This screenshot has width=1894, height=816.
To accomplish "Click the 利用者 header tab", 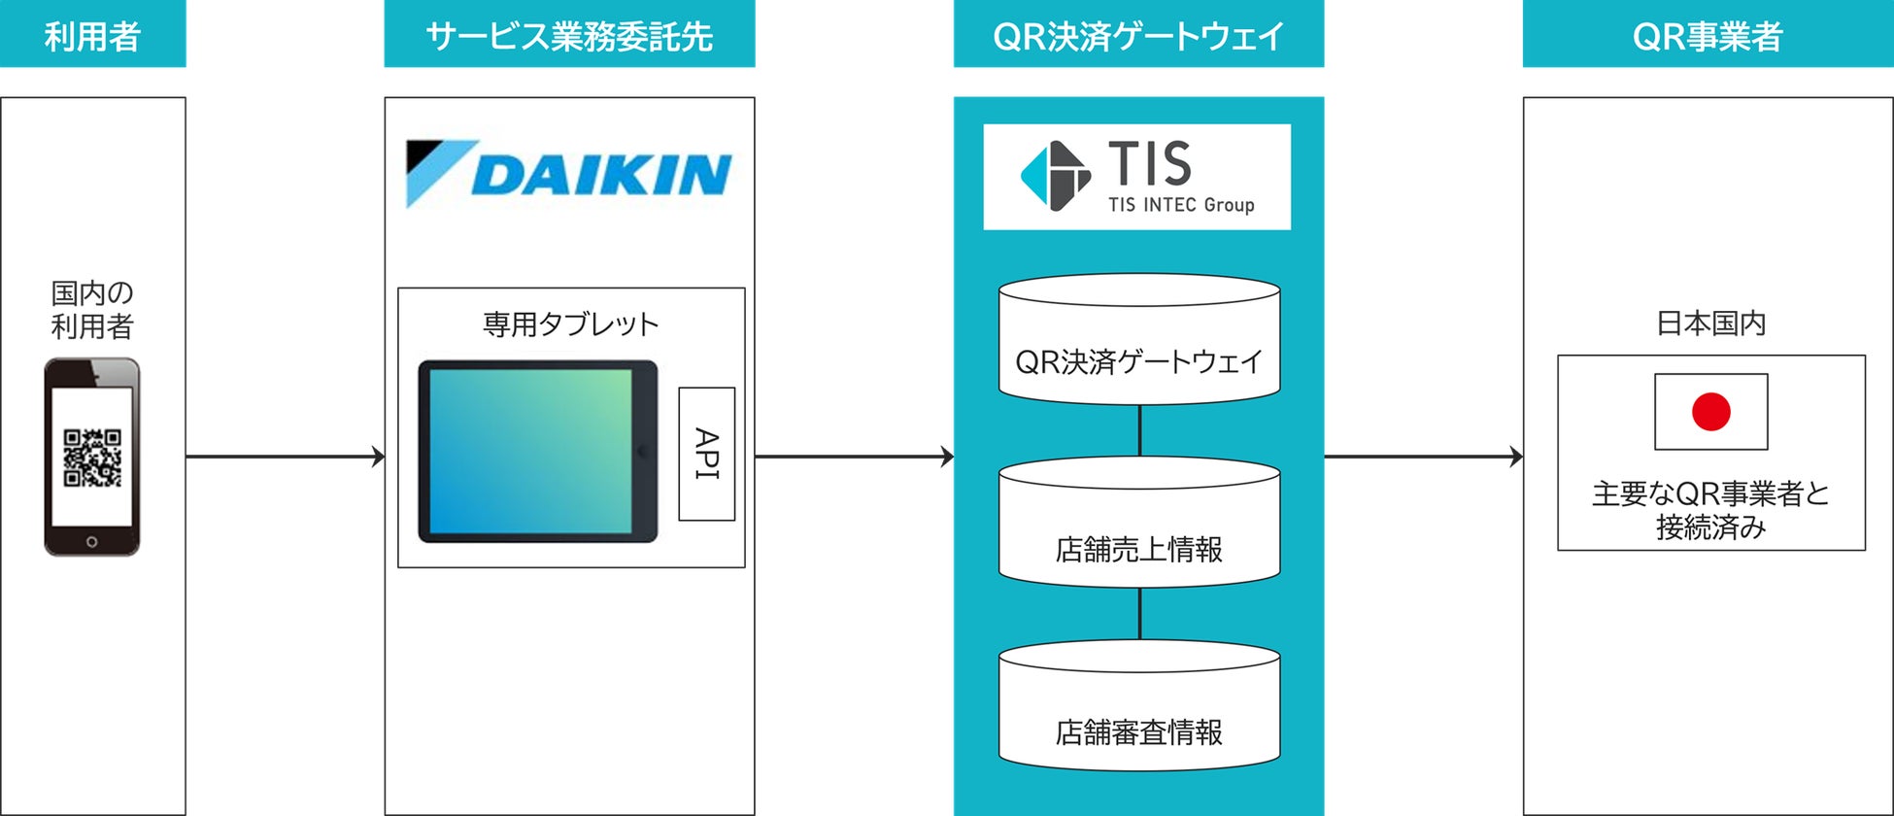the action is click(92, 34).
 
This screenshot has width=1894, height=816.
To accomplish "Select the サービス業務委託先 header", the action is click(569, 34).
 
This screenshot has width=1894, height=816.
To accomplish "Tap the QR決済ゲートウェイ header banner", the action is click(1138, 34).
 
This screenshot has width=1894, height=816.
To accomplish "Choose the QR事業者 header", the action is click(1708, 34).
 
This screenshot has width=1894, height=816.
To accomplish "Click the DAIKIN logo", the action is click(569, 174).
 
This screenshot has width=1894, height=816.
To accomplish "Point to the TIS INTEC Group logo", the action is click(1137, 177).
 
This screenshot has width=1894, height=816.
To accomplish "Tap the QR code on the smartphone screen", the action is click(92, 458).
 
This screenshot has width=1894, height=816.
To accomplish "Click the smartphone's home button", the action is click(92, 541).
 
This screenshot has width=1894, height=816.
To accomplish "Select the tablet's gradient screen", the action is click(530, 452).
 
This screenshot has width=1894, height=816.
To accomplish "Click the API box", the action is click(706, 454).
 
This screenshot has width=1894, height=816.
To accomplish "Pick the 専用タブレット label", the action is click(571, 323).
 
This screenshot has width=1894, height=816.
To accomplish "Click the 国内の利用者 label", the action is click(92, 309).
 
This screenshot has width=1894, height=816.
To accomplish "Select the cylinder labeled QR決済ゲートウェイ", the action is click(1139, 338).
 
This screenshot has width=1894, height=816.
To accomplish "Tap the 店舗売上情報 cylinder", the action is click(1139, 522).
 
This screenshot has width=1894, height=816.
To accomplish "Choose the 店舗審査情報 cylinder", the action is click(1139, 705).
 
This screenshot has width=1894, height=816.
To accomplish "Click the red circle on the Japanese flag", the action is click(1711, 412).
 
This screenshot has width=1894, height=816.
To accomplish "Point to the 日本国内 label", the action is click(1711, 323).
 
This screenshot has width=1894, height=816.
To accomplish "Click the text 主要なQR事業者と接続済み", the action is click(1711, 511).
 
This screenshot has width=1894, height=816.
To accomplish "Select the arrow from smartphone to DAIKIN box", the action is click(286, 457).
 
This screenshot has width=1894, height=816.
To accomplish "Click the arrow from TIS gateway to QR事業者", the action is click(1424, 457).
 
